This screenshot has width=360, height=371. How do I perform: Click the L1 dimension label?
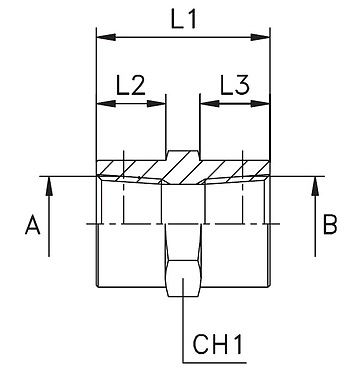point(184,19)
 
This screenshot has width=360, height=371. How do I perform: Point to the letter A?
point(32,227)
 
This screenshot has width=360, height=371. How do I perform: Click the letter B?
point(329,226)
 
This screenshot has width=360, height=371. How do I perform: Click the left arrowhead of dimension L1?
point(103,38)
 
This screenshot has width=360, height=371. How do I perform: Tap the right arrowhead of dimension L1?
point(265,38)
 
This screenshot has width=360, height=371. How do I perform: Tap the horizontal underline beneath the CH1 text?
point(220,362)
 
